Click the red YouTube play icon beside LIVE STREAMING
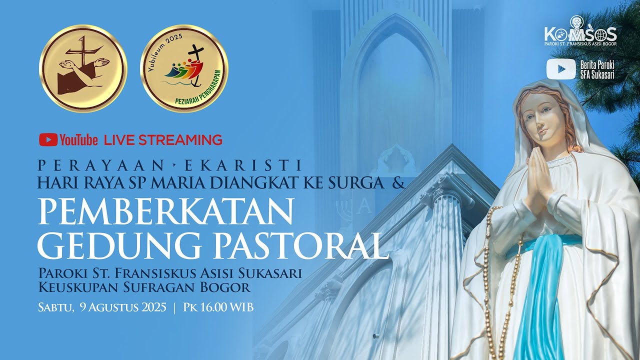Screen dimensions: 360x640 click(x=48, y=139)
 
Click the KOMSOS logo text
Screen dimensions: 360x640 click(x=580, y=33)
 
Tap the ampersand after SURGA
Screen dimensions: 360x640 click(x=398, y=183)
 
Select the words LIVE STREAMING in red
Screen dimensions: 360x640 click(x=163, y=140)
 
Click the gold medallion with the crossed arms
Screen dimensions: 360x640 click(x=83, y=68)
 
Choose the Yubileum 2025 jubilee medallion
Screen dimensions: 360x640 click(x=184, y=68)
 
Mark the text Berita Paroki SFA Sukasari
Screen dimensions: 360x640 click(x=597, y=69)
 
